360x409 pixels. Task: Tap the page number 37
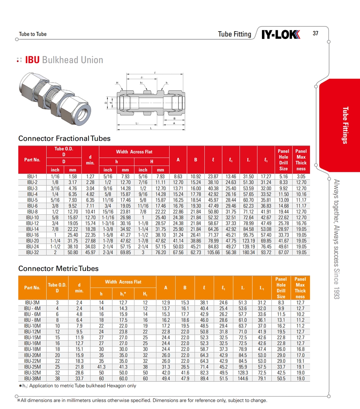pyautogui.click(x=316, y=33)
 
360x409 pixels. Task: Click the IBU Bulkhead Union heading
pyautogui.click(x=64, y=60)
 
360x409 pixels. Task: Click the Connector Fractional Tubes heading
pyautogui.click(x=64, y=138)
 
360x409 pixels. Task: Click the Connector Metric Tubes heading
pyautogui.click(x=58, y=268)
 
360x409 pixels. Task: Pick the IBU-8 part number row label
pyautogui.click(x=32, y=211)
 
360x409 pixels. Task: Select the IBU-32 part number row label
pyautogui.click(x=32, y=253)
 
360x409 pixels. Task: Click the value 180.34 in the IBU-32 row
pyautogui.click(x=249, y=253)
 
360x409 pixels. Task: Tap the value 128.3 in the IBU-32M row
pyautogui.click(x=243, y=373)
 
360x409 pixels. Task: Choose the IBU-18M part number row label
pyautogui.click(x=32, y=349)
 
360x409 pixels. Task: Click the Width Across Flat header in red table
pyautogui.click(x=134, y=152)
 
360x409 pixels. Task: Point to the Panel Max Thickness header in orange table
pyautogui.click(x=300, y=288)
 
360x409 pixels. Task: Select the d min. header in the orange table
pyautogui.click(x=79, y=288)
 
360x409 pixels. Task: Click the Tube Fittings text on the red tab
pyautogui.click(x=345, y=125)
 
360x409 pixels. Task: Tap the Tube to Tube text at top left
pyautogui.click(x=33, y=34)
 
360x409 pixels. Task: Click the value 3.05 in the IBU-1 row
pyautogui.click(x=301, y=176)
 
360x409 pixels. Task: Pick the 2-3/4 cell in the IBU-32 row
pyautogui.click(x=108, y=253)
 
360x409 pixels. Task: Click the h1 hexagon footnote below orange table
pyautogui.click(x=78, y=386)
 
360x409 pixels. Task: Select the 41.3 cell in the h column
pyautogui.click(x=101, y=367)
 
